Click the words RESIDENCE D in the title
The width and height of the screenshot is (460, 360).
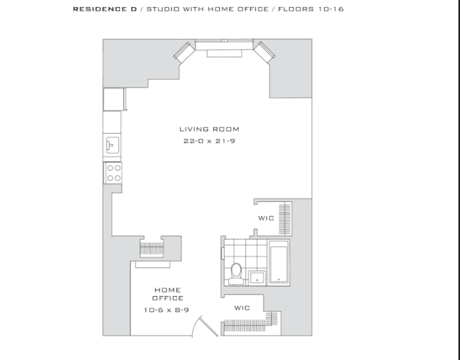tap(105, 9)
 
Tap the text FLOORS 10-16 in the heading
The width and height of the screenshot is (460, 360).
tap(311, 9)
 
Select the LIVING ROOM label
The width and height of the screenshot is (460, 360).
tap(209, 129)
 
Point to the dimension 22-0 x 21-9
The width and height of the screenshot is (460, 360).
tap(209, 141)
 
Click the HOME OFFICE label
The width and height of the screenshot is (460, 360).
tap(168, 294)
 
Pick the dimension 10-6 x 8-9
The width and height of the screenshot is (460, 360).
tap(166, 310)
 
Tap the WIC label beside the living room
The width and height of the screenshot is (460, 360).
tap(266, 218)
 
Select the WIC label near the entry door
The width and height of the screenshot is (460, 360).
tap(242, 308)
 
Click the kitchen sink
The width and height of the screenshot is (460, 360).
tap(113, 145)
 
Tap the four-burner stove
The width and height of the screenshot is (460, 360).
tap(114, 173)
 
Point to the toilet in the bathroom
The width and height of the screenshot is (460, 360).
tap(236, 274)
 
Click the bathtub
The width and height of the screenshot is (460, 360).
tap(279, 263)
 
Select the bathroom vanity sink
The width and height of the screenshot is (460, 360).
tap(257, 278)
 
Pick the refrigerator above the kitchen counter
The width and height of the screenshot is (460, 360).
tap(115, 99)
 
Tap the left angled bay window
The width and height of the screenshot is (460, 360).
tap(184, 53)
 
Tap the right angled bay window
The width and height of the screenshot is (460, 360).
tap(264, 53)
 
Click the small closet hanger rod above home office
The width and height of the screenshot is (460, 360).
tap(152, 249)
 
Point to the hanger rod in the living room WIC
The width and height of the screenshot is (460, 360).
tap(285, 219)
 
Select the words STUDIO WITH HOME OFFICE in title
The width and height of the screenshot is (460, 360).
tap(207, 9)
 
